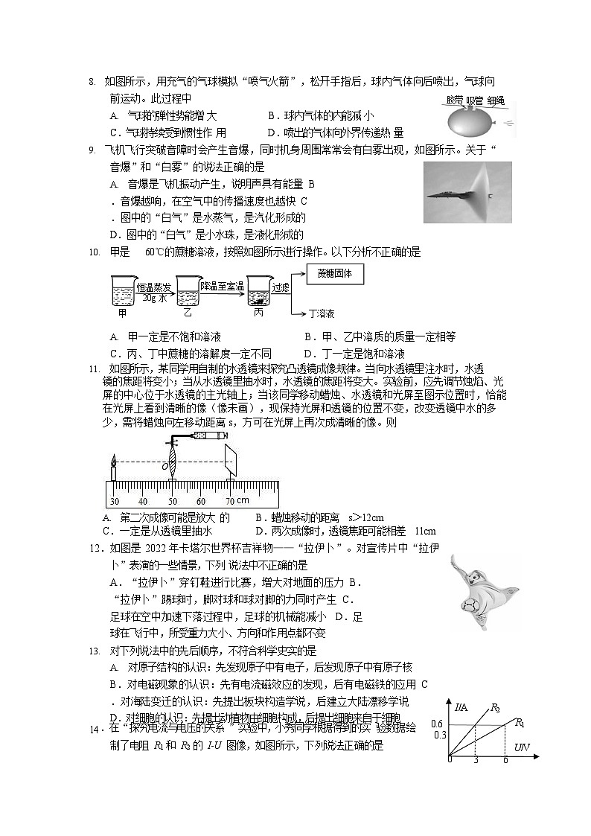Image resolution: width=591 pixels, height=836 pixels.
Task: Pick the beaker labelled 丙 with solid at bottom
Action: tap(258, 291)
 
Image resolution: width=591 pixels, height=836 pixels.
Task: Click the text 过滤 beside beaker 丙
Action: tap(281, 286)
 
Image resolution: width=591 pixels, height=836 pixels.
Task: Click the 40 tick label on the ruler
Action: tap(143, 501)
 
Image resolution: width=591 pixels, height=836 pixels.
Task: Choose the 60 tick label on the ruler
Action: tap(201, 501)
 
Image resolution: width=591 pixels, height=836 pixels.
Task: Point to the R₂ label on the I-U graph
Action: tap(494, 707)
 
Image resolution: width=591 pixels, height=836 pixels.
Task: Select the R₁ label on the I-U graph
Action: tap(520, 722)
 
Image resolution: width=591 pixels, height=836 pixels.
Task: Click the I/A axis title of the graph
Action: tap(462, 706)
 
